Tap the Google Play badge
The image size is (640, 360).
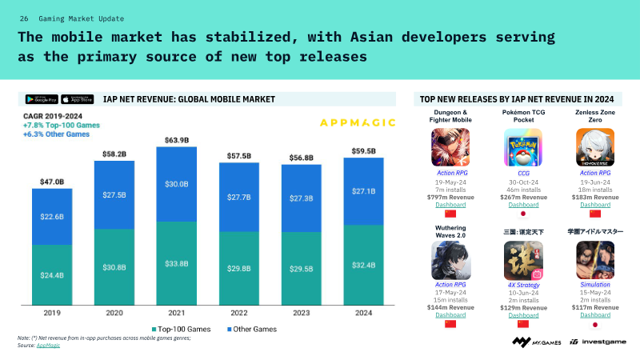42,99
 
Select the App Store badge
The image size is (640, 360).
78,99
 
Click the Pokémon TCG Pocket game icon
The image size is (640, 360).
524,147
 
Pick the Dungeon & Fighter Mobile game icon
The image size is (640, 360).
450,147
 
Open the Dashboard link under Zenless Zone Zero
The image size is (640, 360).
595,205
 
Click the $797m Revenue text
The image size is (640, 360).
450,197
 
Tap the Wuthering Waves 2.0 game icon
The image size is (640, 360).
450,260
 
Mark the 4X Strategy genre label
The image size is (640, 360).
524,284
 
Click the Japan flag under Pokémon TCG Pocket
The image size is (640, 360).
524,214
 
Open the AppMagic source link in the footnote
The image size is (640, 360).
48,345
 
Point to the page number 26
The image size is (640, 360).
24,18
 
